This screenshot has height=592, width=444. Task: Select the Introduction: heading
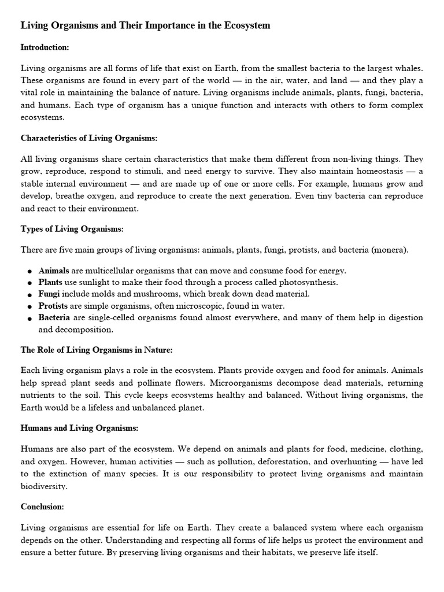(x=45, y=47)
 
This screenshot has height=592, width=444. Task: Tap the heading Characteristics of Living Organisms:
(x=89, y=138)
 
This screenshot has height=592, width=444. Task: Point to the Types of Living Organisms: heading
(x=72, y=229)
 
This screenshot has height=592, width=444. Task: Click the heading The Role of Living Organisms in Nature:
(x=97, y=350)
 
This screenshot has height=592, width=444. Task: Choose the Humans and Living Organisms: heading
(x=79, y=428)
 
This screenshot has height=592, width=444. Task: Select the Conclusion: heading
(x=42, y=506)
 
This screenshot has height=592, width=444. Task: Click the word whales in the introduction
(x=409, y=68)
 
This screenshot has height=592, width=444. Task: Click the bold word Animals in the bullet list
(x=54, y=271)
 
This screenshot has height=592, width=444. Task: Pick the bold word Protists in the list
(x=53, y=306)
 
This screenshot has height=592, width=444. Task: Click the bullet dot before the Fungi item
(x=29, y=295)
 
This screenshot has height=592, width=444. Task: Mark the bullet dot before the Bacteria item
(x=29, y=319)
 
